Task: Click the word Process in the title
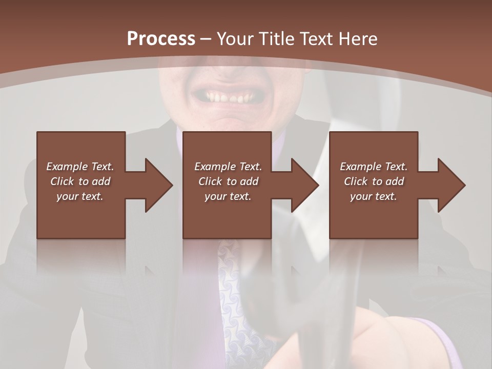coord(161,39)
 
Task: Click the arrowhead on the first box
coord(159,185)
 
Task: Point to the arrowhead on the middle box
coord(305,185)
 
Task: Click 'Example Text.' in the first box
coord(80,167)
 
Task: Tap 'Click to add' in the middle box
coord(228,181)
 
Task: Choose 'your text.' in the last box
coord(374,196)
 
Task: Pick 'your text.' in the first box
coord(80,196)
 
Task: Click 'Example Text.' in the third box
coord(374,167)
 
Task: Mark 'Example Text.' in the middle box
coord(228,167)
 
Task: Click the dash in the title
coord(206,39)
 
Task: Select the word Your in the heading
coord(235,39)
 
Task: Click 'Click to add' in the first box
coord(80,181)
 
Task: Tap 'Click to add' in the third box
coord(374,181)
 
